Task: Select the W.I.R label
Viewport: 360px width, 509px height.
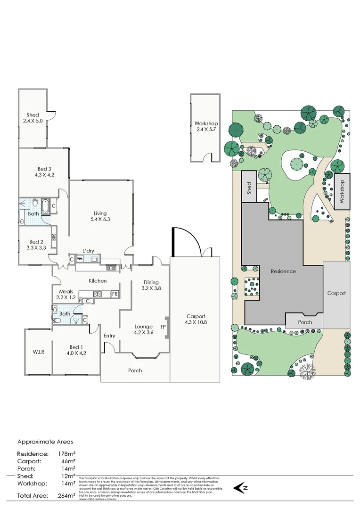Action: (39, 351)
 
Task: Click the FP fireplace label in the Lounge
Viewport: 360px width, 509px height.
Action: (163, 326)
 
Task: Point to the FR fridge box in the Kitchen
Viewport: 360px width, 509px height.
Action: (114, 294)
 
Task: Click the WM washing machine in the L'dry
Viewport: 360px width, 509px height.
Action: (80, 259)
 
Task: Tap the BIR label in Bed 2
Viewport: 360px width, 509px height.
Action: (54, 237)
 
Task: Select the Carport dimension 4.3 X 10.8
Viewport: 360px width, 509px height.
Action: (195, 322)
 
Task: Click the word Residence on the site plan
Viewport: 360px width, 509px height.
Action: (283, 271)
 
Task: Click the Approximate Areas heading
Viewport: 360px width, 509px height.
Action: (45, 442)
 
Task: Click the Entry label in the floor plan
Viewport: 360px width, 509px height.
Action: (109, 336)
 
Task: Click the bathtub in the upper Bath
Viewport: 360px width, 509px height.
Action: (45, 206)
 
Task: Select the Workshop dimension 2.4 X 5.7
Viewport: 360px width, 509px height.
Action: (205, 129)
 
